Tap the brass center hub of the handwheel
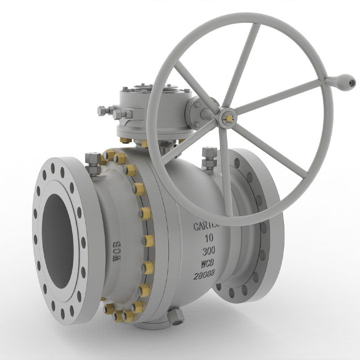228,118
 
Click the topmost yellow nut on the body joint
108,155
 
